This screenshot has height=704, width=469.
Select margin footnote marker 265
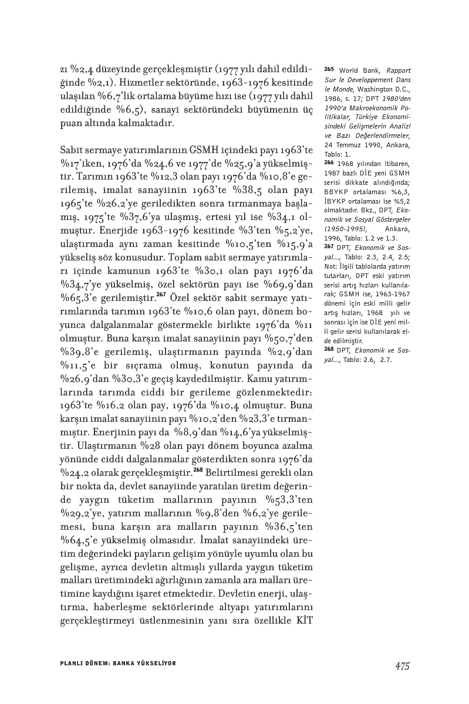[x=328, y=69]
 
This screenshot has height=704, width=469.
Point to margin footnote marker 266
[x=328, y=163]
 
